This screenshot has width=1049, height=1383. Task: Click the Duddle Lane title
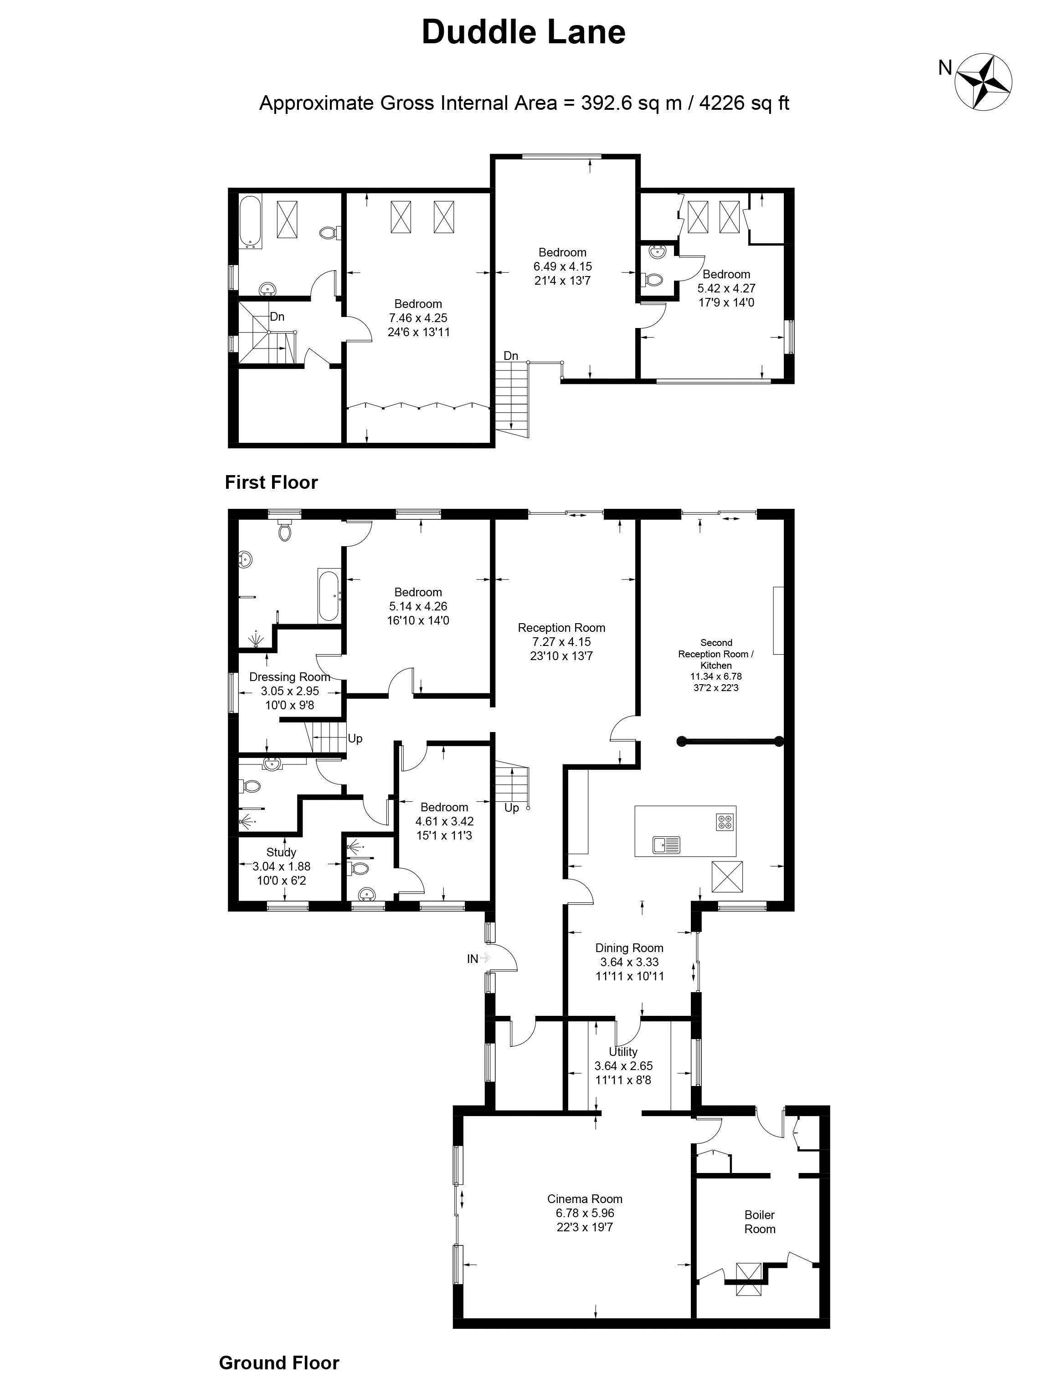524,32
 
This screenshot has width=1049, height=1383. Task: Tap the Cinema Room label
584,1199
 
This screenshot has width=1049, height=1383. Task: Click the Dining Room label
629,948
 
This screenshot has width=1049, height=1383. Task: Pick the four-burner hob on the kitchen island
725,822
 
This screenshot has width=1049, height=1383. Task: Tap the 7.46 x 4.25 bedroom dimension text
418,318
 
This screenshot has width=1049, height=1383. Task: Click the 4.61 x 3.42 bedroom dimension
444,821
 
